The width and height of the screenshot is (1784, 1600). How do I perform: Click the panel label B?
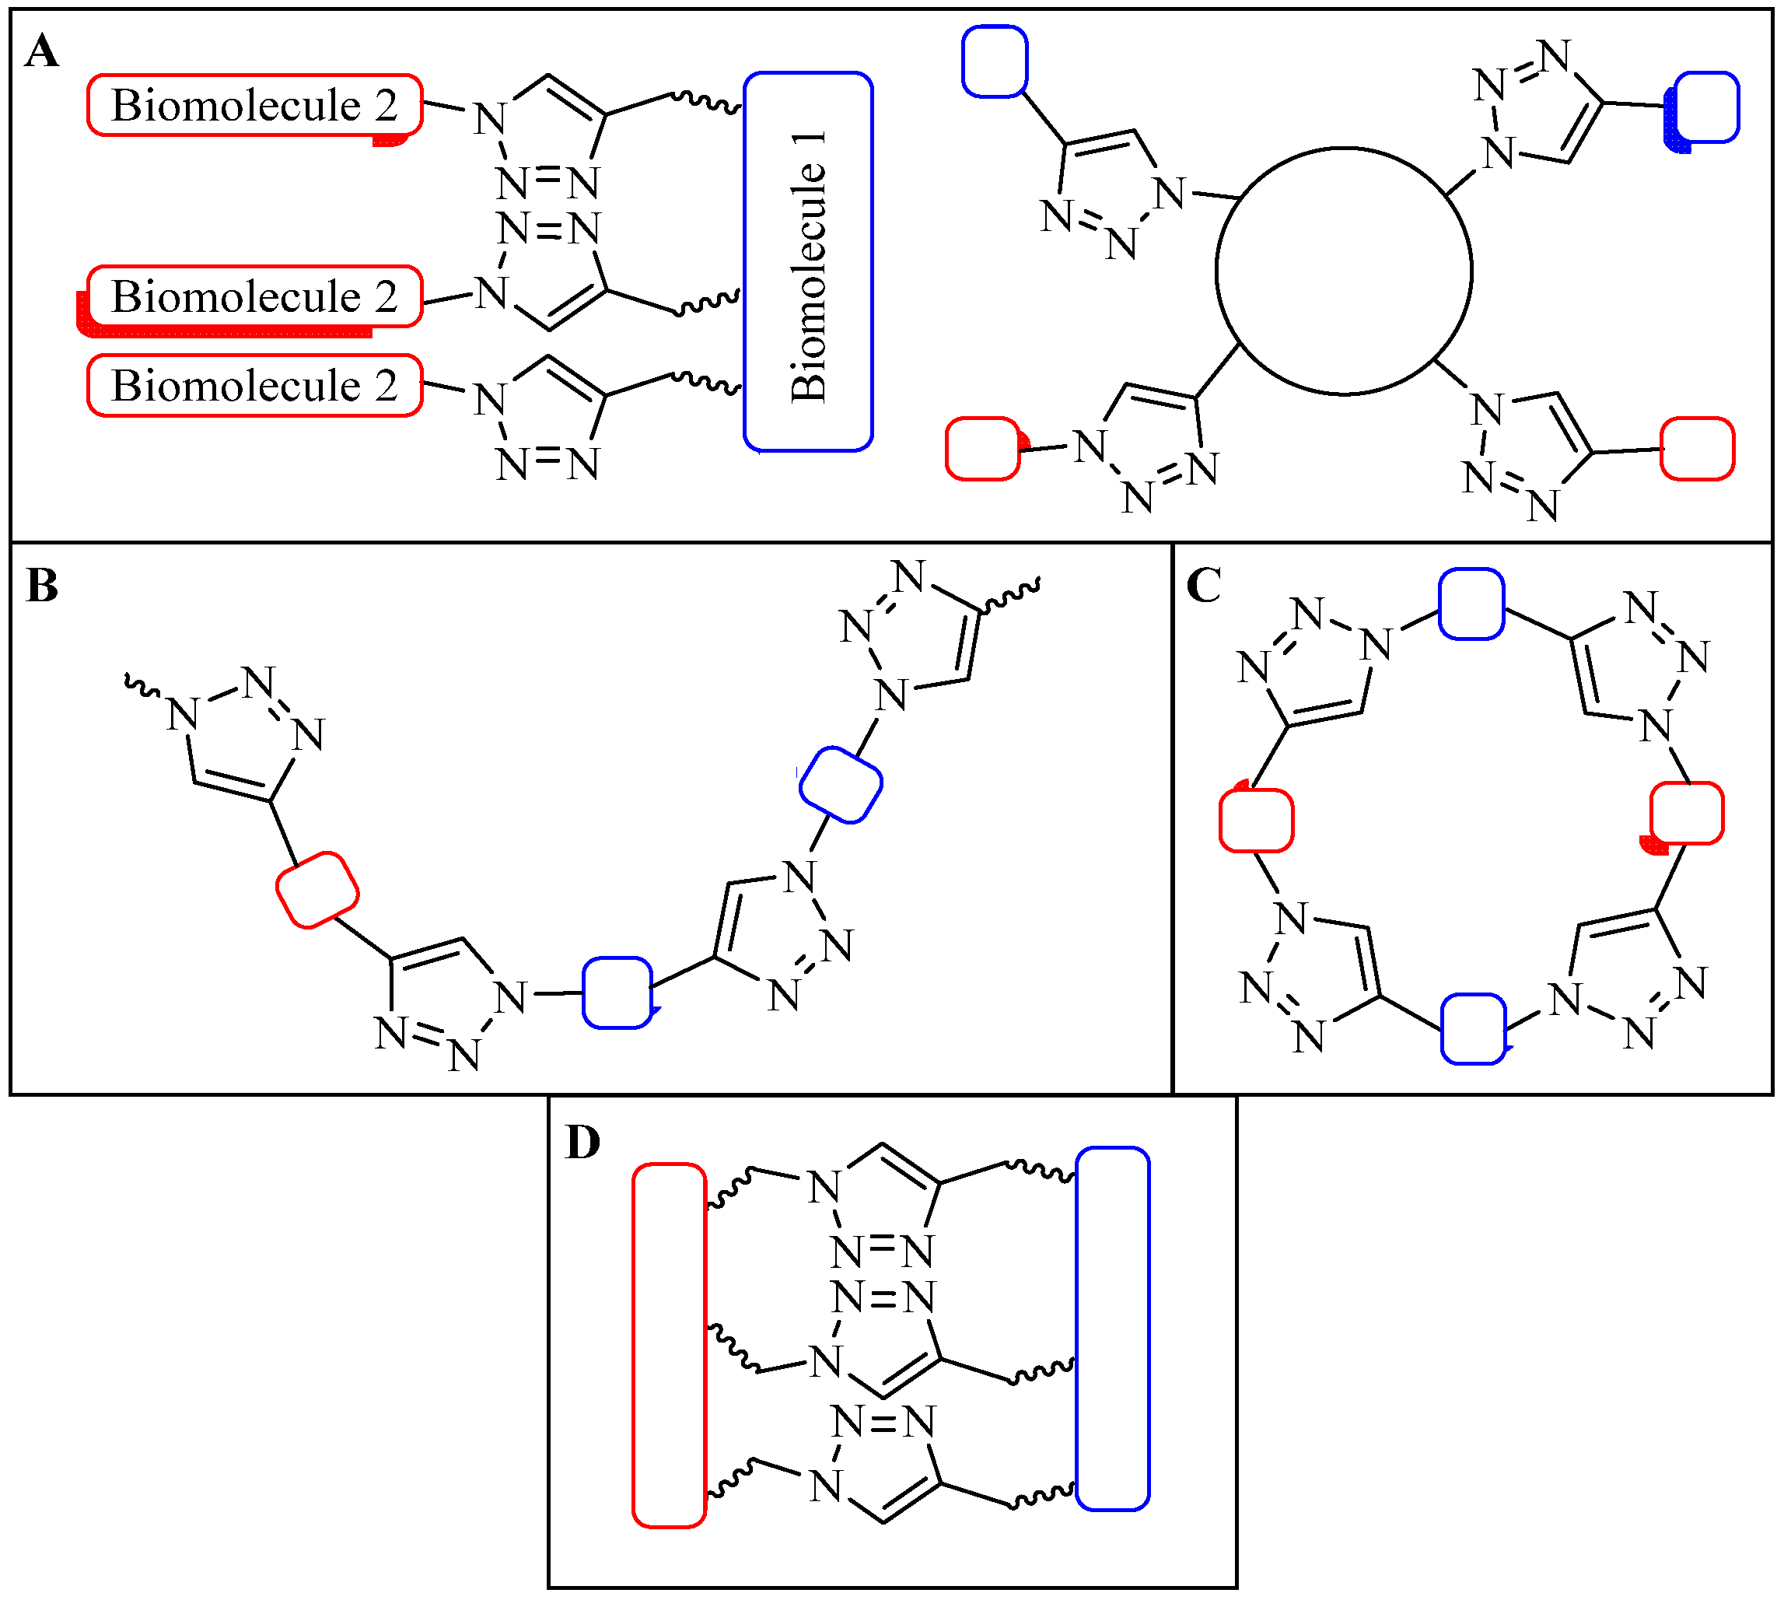click(x=41, y=586)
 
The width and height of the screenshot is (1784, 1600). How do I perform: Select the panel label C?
click(x=1202, y=586)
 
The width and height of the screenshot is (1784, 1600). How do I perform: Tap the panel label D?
click(x=582, y=1143)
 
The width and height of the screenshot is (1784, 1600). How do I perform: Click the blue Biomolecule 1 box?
click(x=808, y=262)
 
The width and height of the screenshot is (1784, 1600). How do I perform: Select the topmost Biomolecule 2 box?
click(x=255, y=106)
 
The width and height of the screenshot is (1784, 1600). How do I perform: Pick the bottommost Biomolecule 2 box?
click(x=255, y=385)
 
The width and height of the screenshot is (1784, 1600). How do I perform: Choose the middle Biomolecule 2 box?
click(x=255, y=297)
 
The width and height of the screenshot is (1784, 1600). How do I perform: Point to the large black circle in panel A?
click(x=1344, y=271)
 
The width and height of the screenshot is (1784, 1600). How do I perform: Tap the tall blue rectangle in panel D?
click(x=1113, y=1329)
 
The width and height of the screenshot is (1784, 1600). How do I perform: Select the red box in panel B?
click(x=317, y=890)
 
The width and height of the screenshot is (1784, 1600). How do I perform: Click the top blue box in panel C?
click(x=1471, y=604)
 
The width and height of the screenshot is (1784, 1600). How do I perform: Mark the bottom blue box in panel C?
click(x=1473, y=1028)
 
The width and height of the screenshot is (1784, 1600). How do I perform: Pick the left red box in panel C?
click(x=1256, y=820)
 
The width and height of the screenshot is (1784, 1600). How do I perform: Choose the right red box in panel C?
click(x=1687, y=813)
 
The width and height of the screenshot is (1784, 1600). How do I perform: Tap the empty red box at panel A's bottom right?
click(x=1697, y=450)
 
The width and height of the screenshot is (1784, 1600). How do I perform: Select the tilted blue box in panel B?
click(x=840, y=785)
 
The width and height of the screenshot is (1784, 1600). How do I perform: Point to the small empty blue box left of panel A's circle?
click(x=995, y=61)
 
